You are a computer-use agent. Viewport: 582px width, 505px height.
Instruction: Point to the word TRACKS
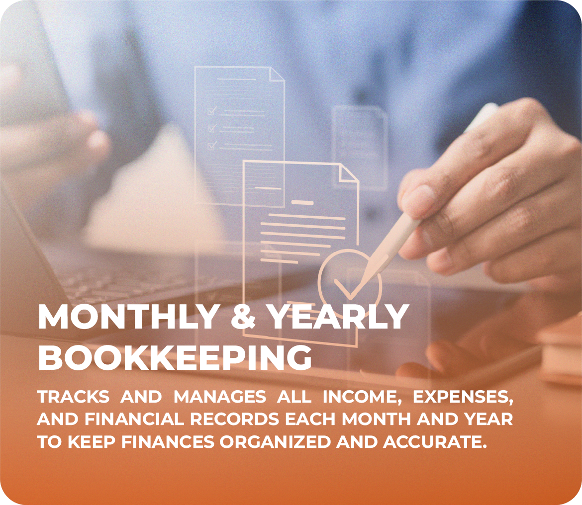pyautogui.click(x=74, y=397)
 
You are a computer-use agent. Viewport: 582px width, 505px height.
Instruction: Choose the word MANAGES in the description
pyautogui.click(x=220, y=397)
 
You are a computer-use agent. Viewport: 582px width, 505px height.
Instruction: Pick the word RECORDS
pyautogui.click(x=235, y=420)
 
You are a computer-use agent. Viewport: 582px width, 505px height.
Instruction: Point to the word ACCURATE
pyautogui.click(x=435, y=442)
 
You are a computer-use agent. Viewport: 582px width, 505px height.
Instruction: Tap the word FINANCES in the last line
pyautogui.click(x=168, y=442)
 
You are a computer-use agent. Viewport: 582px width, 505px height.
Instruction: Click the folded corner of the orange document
pyautogui.click(x=349, y=173)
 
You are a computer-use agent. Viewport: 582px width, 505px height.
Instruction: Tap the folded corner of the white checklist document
pyautogui.click(x=277, y=74)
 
